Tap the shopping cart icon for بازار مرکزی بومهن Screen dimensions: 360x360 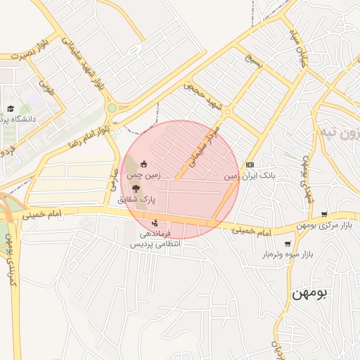[x=323, y=214]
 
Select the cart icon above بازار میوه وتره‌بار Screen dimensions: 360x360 [x=287, y=244]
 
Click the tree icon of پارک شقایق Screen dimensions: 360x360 [x=136, y=188]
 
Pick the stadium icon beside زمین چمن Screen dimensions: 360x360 [x=145, y=163]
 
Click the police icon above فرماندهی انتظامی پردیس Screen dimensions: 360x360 [x=155, y=224]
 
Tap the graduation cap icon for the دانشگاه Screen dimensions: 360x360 [x=11, y=108]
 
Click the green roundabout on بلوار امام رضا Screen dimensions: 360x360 [x=111, y=108]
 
